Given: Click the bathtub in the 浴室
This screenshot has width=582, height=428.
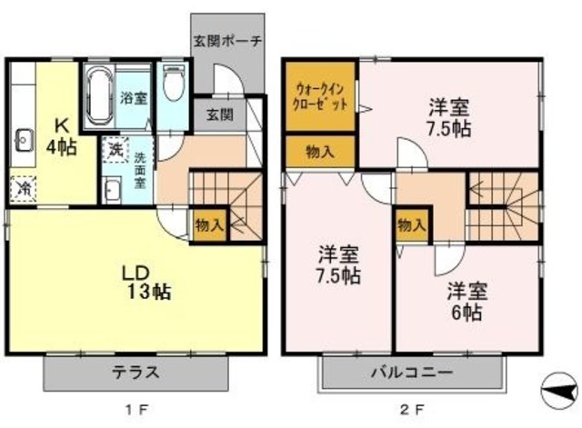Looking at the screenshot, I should click(100, 95).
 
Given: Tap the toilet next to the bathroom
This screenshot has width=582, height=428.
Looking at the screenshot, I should click(174, 84).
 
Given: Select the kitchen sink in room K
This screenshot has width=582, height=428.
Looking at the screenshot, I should click(23, 141).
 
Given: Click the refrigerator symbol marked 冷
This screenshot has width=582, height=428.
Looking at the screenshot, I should click(23, 189).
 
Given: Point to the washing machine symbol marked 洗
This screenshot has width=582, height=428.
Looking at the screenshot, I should click(115, 146).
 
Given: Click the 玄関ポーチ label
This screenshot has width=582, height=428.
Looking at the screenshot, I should click(227, 41).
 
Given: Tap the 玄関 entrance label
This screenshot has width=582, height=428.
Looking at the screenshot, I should click(218, 115).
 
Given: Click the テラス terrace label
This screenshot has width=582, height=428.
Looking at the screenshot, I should click(136, 372).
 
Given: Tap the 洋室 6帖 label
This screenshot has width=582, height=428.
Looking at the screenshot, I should click(466, 302).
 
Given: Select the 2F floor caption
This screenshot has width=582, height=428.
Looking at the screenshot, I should click(410, 410).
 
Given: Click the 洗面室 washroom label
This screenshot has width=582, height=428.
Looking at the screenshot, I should click(139, 170).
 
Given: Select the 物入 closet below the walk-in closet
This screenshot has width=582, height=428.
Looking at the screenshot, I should click(319, 153).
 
